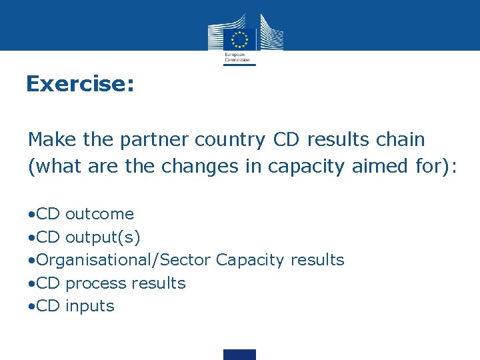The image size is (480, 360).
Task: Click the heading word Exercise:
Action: click(80, 84)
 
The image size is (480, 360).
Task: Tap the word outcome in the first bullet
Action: click(99, 214)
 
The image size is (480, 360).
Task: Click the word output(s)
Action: click(103, 237)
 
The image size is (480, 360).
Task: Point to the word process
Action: click(96, 283)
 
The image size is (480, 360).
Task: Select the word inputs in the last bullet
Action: click(90, 306)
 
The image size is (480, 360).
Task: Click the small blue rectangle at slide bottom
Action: click(239, 354)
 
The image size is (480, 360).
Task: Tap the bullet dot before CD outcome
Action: click(31, 215)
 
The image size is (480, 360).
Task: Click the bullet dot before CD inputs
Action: click(31, 307)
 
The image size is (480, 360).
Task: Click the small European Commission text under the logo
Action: click(237, 57)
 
